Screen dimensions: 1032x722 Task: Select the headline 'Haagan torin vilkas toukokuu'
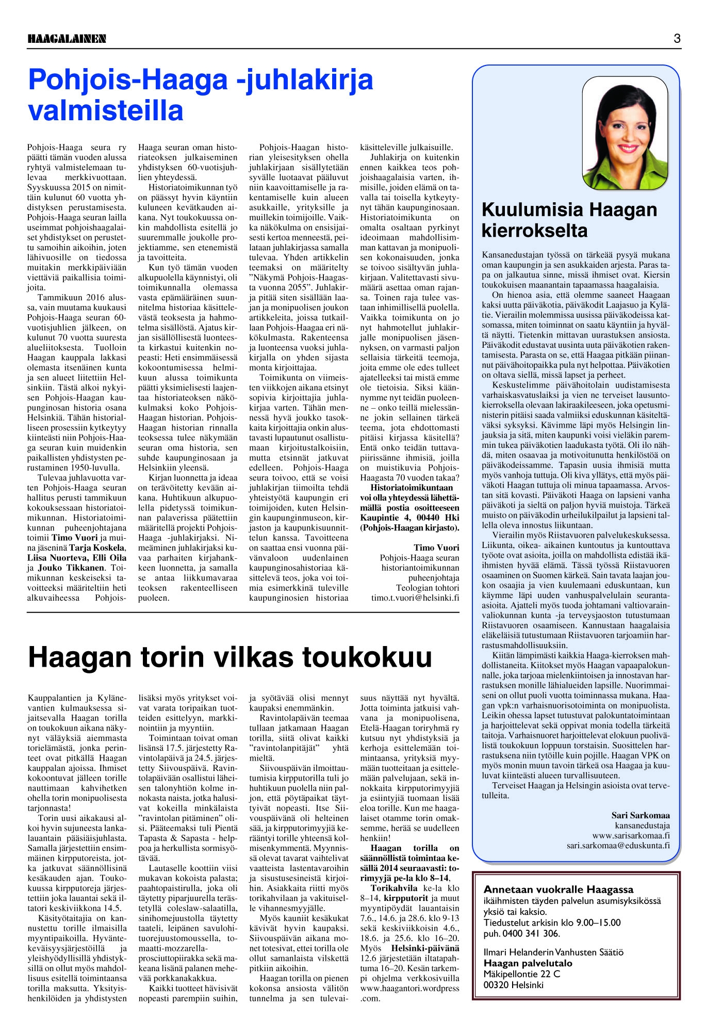tap(230, 657)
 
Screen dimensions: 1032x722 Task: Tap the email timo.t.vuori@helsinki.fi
tap(415, 598)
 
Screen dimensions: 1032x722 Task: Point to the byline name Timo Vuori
tap(436, 548)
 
